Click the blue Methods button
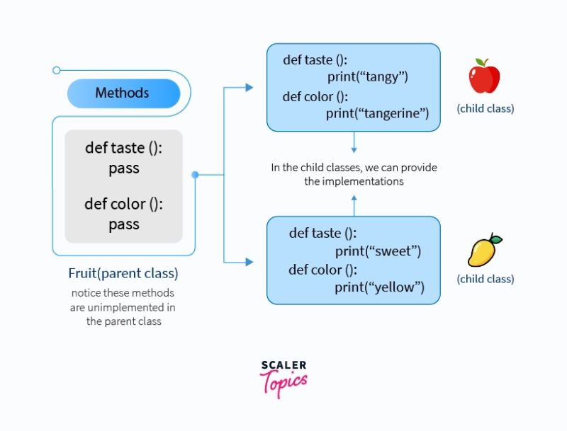click(122, 93)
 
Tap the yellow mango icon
click(484, 251)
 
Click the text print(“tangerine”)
click(377, 113)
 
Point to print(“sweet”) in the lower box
click(378, 251)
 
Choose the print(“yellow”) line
click(379, 287)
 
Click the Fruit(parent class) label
click(123, 272)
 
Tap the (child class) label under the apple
click(485, 109)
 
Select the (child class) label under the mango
click(485, 279)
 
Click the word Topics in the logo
click(284, 384)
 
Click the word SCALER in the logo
click(283, 365)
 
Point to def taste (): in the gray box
click(124, 148)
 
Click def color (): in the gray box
click(124, 204)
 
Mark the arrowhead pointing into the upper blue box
click(249, 87)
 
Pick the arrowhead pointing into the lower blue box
click(249, 262)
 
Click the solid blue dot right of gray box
click(195, 174)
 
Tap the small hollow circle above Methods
click(57, 70)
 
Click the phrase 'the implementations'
click(354, 181)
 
